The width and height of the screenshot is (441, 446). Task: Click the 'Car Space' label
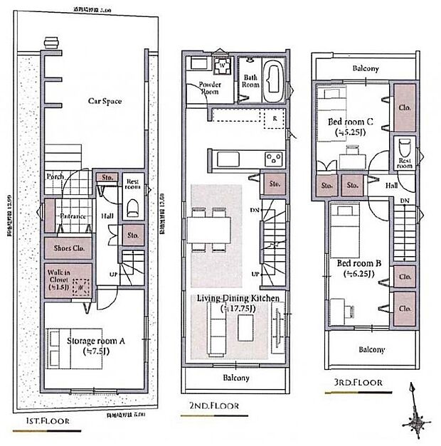click(104, 101)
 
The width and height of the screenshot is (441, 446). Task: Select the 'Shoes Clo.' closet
click(68, 248)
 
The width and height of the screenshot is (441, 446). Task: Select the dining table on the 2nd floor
click(211, 230)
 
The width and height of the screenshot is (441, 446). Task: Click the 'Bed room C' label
click(351, 127)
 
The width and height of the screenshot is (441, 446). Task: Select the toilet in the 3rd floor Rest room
click(403, 150)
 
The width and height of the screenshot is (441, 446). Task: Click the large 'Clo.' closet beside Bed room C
click(404, 107)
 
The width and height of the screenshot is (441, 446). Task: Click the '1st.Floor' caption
click(47, 422)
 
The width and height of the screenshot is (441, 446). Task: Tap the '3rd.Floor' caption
click(357, 383)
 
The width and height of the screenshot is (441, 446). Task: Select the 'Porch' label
click(55, 176)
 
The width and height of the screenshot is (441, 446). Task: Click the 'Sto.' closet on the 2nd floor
click(274, 184)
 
